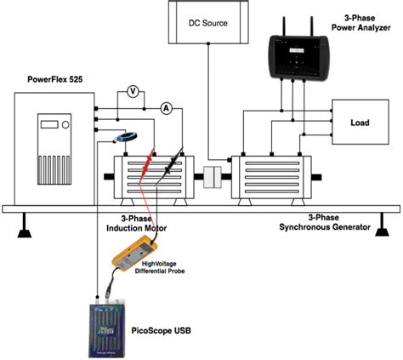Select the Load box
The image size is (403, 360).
pos(360,123)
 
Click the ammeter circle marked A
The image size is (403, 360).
pos(167,107)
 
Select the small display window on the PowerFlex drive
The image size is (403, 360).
pos(54,124)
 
